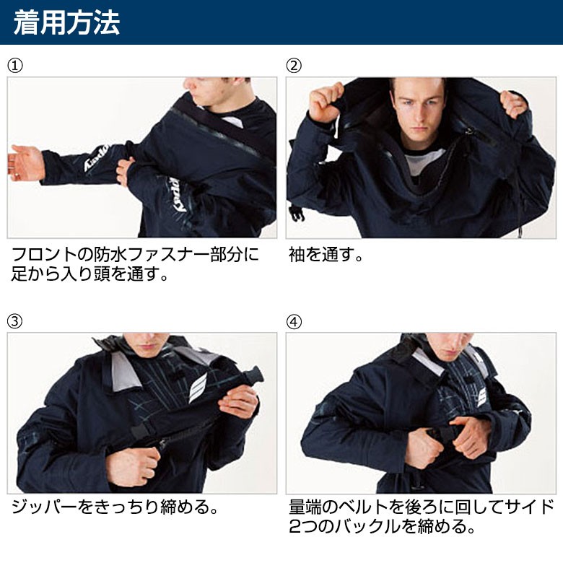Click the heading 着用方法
pyautogui.click(x=66, y=22)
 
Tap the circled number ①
pyautogui.click(x=15, y=66)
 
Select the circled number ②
pyautogui.click(x=294, y=66)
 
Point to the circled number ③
pyautogui.click(x=15, y=321)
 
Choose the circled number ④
pyautogui.click(x=294, y=321)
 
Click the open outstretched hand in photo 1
pyautogui.click(x=25, y=163)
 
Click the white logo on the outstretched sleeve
pyautogui.click(x=96, y=158)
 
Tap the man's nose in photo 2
pyautogui.click(x=417, y=112)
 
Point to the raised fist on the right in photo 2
pyautogui.click(x=513, y=104)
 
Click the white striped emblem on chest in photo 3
pyautogui.click(x=198, y=388)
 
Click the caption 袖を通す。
pyautogui.click(x=326, y=255)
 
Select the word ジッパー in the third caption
pyautogui.click(x=45, y=507)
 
